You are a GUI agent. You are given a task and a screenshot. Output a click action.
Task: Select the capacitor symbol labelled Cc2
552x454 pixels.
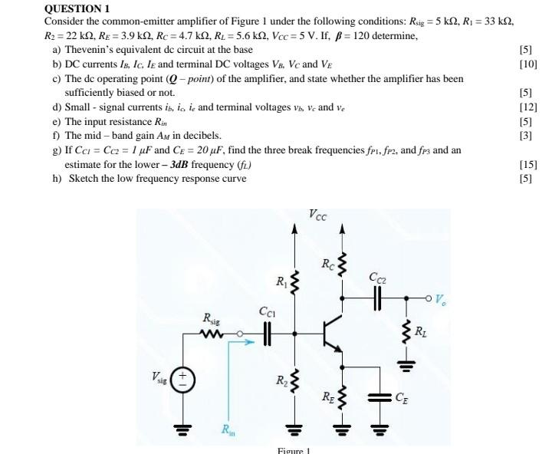377,299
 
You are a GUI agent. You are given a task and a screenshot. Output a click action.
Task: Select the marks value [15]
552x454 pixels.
527,164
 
